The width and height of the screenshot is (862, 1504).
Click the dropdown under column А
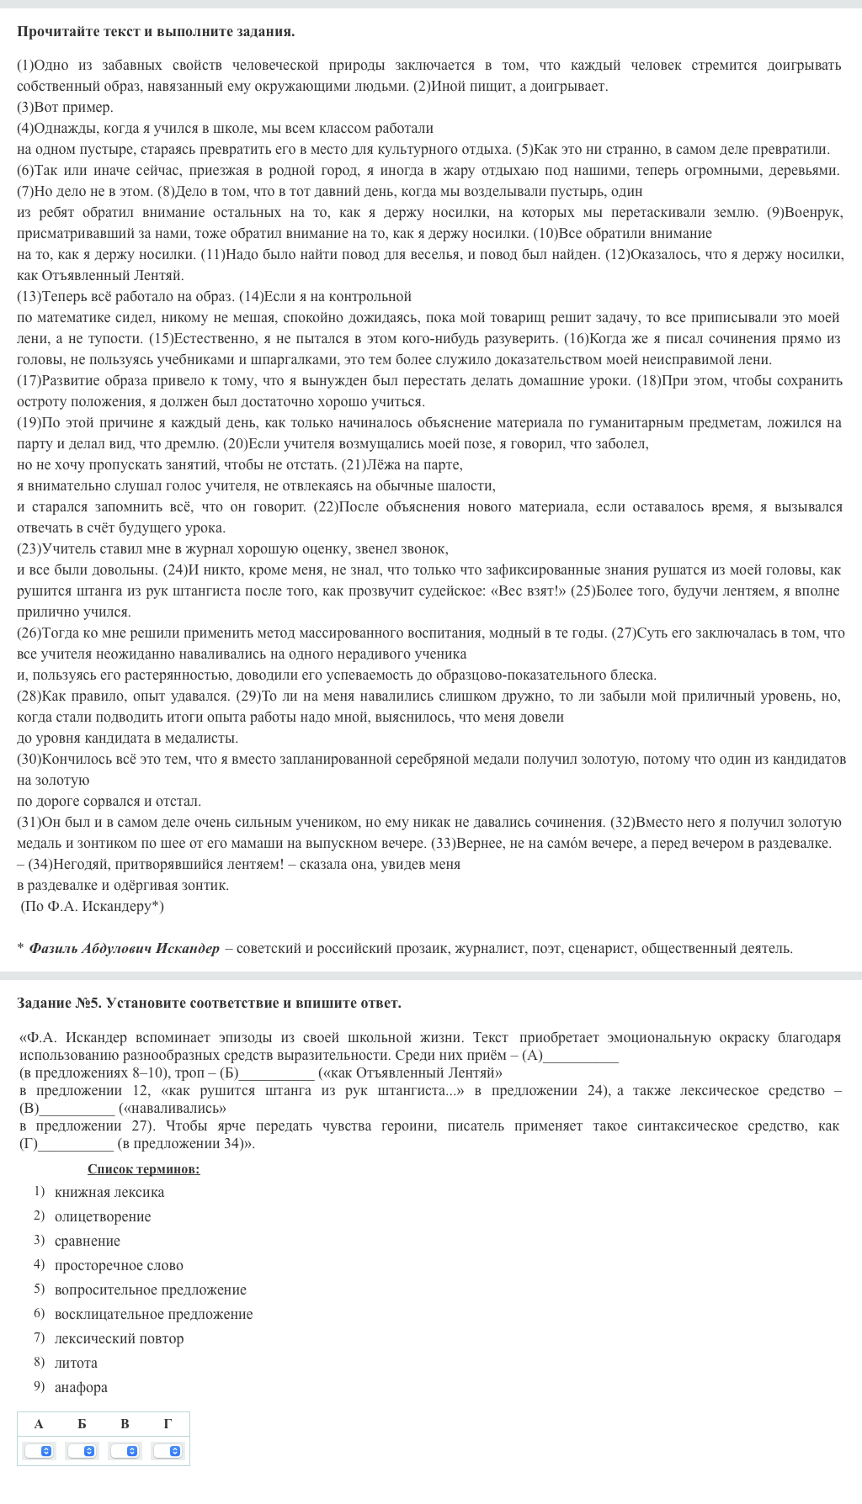pos(39,1451)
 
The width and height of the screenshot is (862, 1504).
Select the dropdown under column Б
pos(82,1451)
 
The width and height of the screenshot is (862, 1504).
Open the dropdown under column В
pos(125,1451)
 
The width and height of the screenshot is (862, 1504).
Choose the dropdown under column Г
pos(168,1451)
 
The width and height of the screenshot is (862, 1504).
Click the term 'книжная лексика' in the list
pos(109,1192)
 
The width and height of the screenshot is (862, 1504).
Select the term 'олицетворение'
pos(103,1216)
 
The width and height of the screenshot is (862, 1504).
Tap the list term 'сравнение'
pos(88,1241)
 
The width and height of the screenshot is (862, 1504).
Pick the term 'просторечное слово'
pos(119,1265)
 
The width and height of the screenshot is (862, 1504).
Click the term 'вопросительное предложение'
pos(151,1290)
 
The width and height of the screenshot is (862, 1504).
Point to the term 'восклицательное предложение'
pos(153,1314)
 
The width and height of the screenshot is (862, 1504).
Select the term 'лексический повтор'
pos(119,1338)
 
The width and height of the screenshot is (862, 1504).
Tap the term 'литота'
pos(76,1363)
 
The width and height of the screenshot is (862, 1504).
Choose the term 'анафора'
pos(81,1387)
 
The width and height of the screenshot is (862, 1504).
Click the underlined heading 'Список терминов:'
pos(144,1169)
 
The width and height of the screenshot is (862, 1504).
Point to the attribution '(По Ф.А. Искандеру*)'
pos(93,906)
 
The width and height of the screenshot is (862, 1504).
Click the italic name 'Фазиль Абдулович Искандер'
pos(124,948)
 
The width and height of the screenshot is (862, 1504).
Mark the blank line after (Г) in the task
pos(76,1145)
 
